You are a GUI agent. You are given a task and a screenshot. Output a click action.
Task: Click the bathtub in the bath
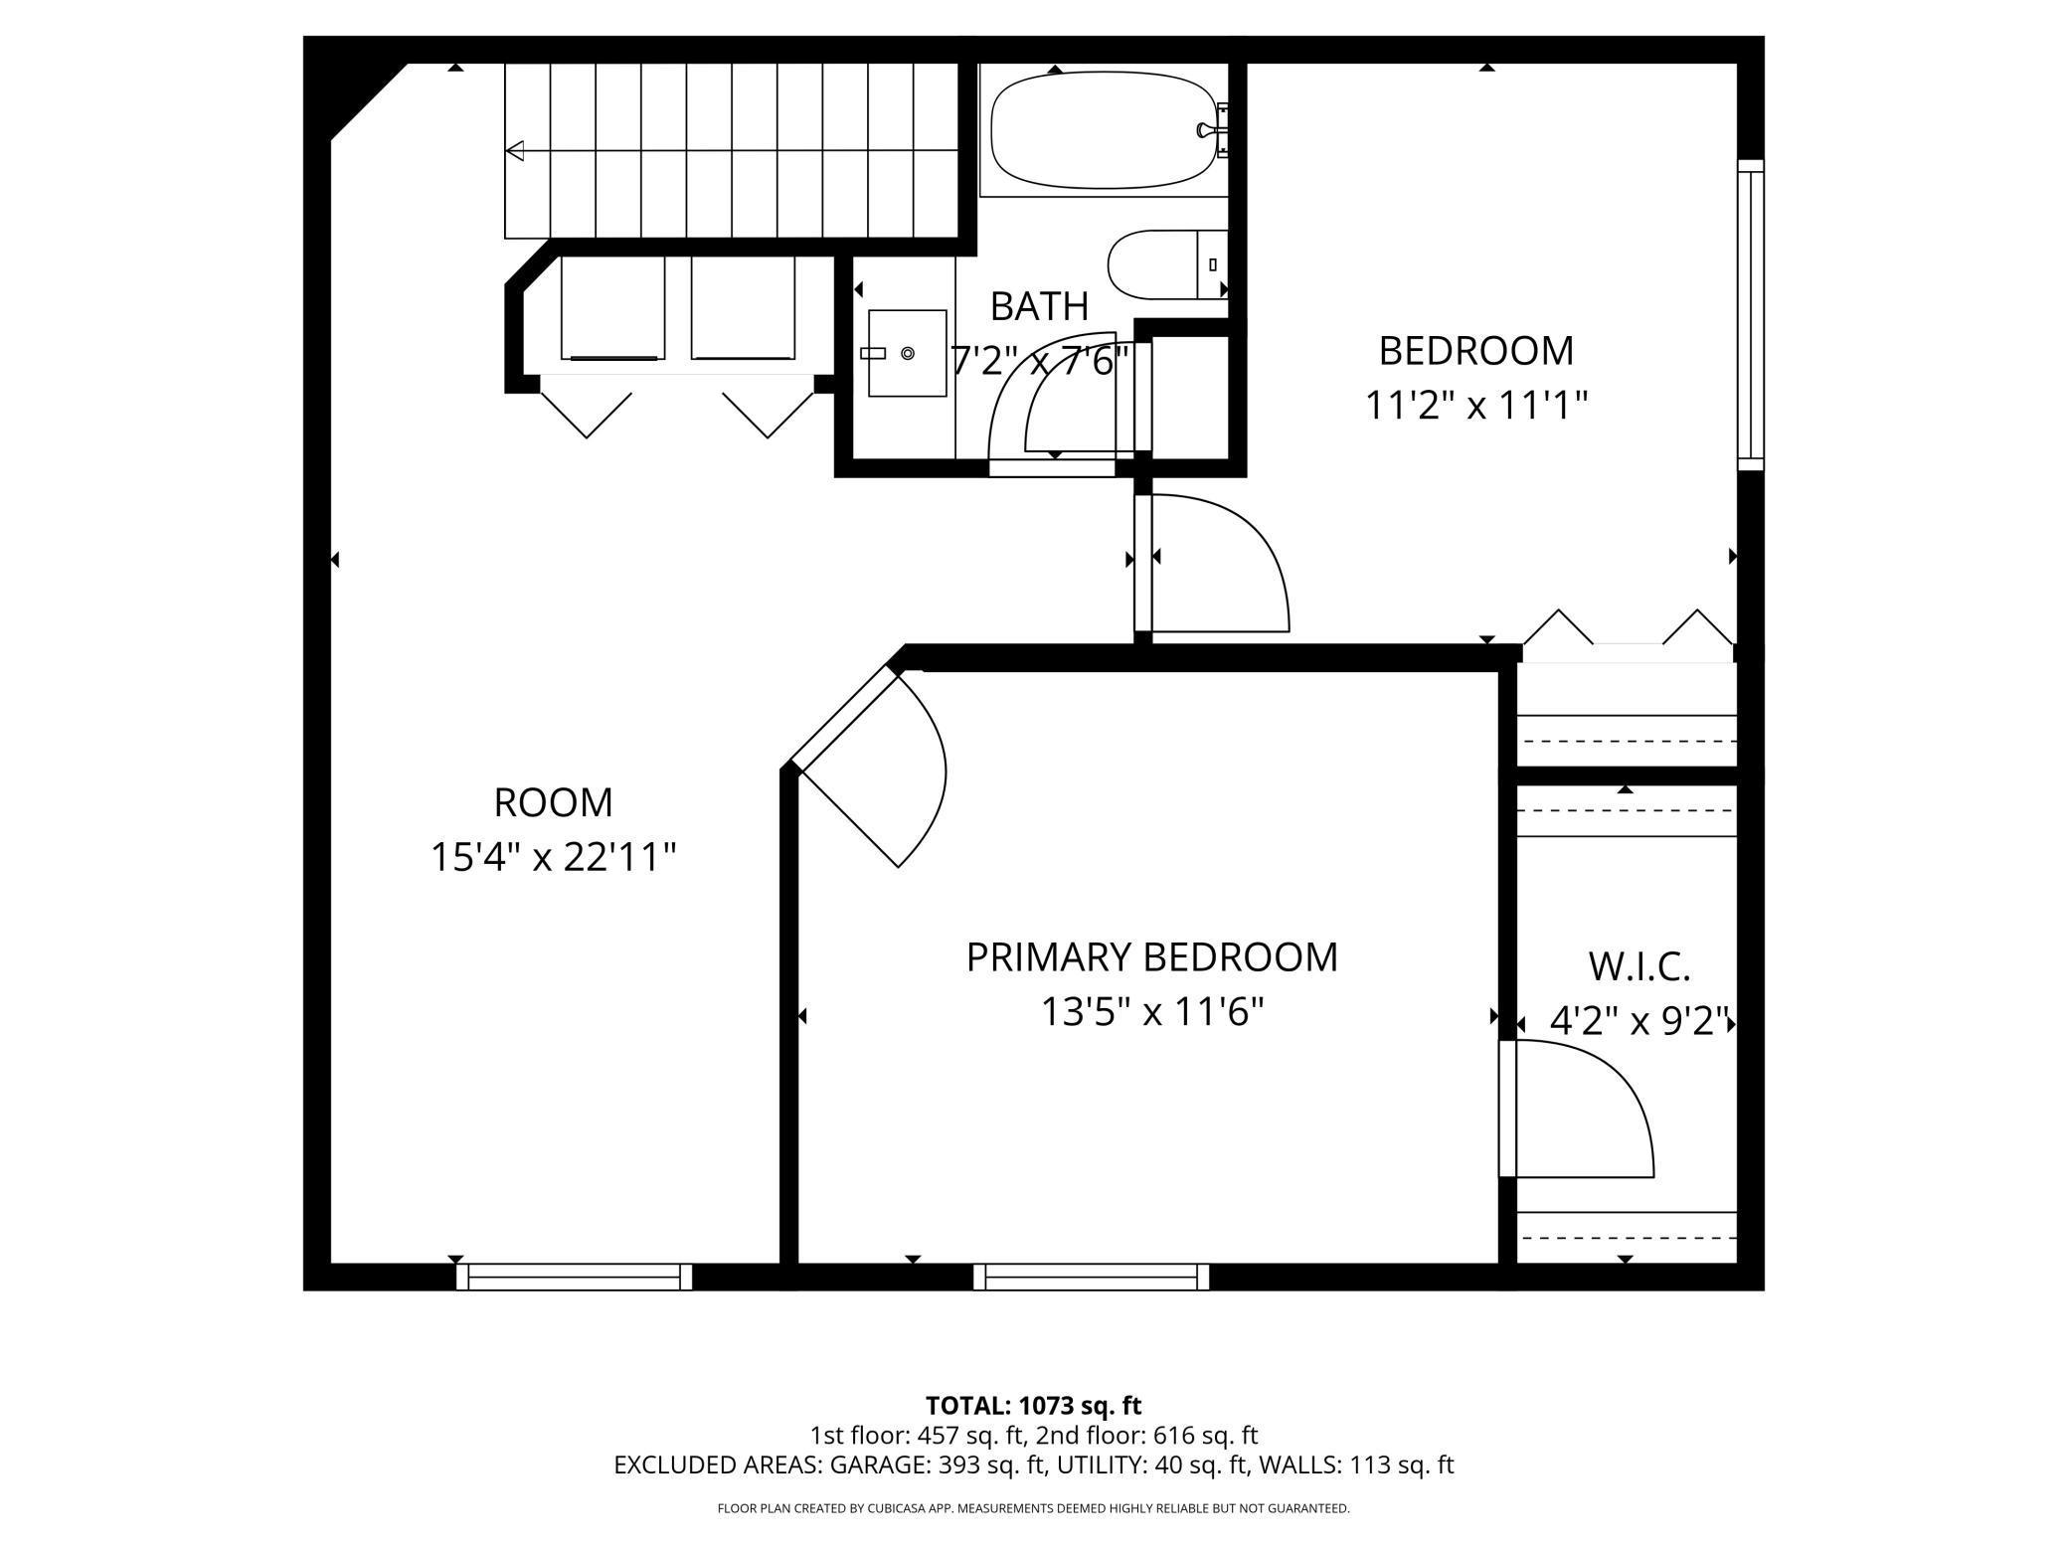1104,130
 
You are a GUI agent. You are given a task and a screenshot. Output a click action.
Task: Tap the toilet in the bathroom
1163,264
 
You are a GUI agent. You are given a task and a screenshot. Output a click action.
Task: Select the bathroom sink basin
907,353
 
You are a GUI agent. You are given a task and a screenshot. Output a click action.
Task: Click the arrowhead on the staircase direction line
515,151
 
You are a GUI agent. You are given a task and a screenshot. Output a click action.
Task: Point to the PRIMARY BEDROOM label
1151,957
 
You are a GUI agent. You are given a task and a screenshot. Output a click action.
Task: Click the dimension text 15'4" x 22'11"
553,857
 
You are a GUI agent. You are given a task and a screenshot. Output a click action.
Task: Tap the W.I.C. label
1638,966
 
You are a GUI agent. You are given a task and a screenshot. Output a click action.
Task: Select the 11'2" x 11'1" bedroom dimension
1475,406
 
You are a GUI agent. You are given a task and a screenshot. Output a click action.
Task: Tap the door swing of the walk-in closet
1591,1104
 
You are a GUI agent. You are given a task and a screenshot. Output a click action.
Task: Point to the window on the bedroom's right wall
1750,314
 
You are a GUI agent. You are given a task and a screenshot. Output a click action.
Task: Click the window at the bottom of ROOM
574,1277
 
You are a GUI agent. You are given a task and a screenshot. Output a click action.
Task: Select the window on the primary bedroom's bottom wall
1091,1277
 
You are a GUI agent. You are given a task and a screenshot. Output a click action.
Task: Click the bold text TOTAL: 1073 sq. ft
1033,1406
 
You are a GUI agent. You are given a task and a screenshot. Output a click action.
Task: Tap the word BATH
1039,306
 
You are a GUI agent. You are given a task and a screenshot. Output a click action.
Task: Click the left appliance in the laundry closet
611,308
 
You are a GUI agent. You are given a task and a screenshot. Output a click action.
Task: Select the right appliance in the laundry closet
743,308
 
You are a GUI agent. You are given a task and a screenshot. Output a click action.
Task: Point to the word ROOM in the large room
553,802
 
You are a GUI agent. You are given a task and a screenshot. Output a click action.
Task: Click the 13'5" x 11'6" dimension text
1151,1013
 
